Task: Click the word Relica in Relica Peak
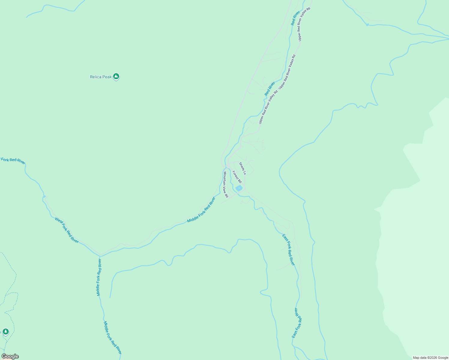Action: tap(96, 77)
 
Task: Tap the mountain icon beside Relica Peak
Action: tap(116, 76)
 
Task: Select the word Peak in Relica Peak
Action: tap(107, 77)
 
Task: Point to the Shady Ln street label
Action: tap(243, 169)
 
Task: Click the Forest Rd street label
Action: tap(237, 177)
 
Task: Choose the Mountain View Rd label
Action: tap(225, 184)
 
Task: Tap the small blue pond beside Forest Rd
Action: tap(239, 188)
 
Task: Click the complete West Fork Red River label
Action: tap(67, 230)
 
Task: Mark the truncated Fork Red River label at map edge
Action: tap(13, 160)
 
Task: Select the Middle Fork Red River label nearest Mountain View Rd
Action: tap(201, 210)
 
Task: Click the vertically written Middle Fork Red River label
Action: tap(99, 277)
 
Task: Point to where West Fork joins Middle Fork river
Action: tap(100, 256)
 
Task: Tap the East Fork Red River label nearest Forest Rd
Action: tap(288, 250)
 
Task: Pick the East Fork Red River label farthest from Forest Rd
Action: tap(297, 323)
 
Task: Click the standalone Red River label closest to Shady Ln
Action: tap(270, 89)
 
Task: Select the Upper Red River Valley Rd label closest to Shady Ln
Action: tap(268, 106)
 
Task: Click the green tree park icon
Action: tap(5, 331)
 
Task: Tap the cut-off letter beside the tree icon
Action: tap(1, 332)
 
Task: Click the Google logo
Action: tap(10, 356)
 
